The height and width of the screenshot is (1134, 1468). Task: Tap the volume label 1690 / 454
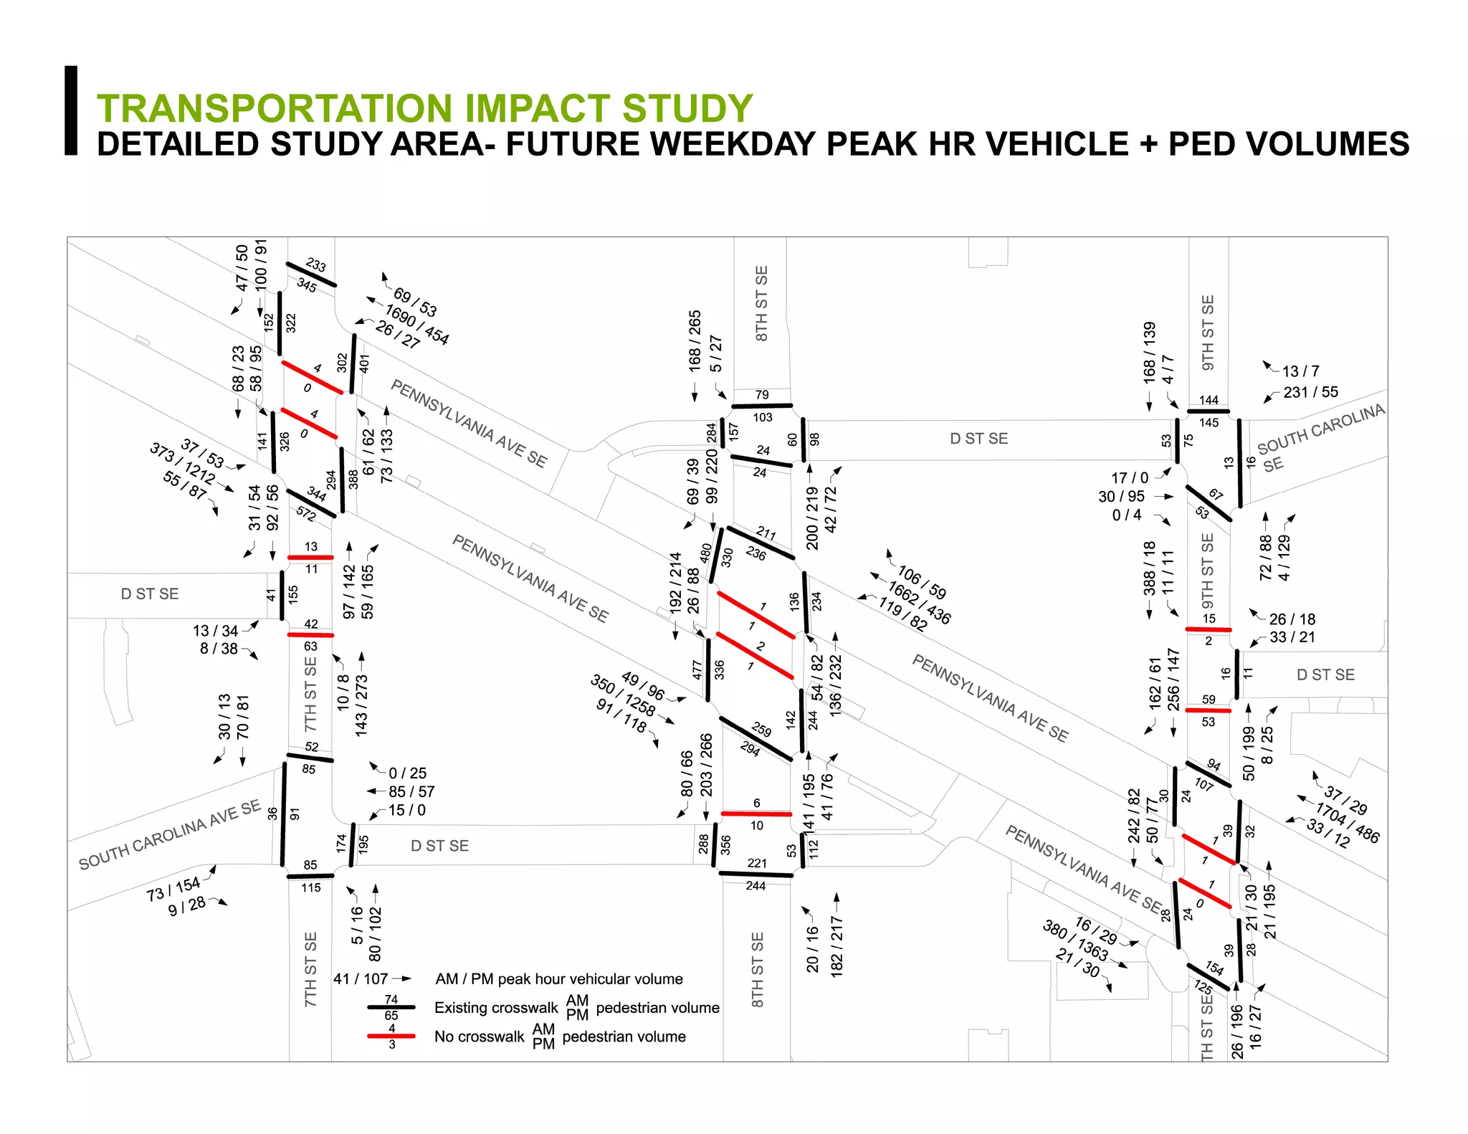click(416, 325)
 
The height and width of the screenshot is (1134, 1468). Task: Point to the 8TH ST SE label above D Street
click(761, 302)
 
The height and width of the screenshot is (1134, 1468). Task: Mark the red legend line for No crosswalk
click(391, 1036)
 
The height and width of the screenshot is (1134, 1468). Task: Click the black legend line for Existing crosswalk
click(391, 1007)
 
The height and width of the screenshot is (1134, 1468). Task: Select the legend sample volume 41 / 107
click(361, 979)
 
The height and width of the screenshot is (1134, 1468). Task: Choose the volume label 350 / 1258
click(622, 695)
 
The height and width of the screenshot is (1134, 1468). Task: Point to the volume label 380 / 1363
click(1074, 940)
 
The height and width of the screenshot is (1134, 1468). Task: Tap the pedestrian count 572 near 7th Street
click(306, 513)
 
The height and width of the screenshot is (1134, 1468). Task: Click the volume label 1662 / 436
click(919, 603)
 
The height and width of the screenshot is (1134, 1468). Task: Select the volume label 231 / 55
click(1310, 392)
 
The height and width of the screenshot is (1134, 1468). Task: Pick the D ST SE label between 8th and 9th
click(978, 439)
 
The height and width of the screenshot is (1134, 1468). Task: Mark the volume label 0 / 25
click(407, 773)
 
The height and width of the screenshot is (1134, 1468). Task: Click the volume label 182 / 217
click(836, 946)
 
